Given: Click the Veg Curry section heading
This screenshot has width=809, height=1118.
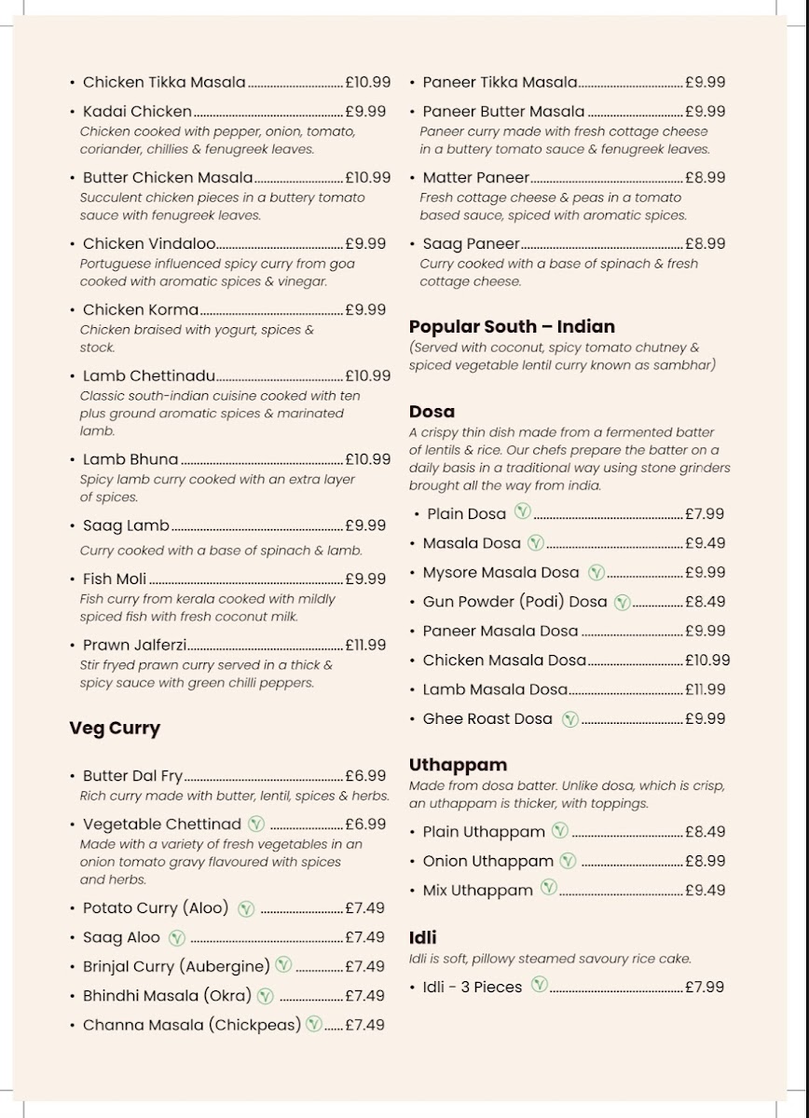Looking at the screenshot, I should [x=115, y=729].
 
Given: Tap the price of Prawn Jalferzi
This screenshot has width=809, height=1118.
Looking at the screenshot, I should [x=365, y=645].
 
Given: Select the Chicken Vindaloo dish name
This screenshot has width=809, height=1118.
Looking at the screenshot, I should [x=149, y=244].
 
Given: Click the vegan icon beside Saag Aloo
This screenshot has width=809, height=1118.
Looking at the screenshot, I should [x=177, y=938].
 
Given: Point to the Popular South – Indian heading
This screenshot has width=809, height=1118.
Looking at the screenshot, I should [x=512, y=327].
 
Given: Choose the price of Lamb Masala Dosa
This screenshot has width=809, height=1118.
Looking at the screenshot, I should [x=706, y=689].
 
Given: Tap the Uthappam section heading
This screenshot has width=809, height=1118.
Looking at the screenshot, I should [x=458, y=765].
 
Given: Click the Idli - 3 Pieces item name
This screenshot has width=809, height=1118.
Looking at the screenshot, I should [x=473, y=987].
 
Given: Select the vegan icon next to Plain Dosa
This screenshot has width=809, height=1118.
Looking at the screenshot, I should [x=523, y=511].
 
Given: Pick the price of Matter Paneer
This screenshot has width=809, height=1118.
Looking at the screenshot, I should [x=706, y=177].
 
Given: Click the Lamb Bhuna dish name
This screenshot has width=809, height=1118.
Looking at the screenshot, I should [x=130, y=459].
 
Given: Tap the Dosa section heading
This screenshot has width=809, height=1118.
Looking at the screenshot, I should [x=432, y=412].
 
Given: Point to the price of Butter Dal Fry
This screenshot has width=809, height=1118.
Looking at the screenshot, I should [x=365, y=775].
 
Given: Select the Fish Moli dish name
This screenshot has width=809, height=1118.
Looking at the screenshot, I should [x=115, y=579].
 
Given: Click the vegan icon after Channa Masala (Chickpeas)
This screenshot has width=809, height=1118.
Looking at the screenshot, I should [x=314, y=1024].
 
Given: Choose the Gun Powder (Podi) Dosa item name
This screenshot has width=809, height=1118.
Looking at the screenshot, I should [x=514, y=602].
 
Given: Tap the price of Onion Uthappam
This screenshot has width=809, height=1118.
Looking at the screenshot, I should [x=706, y=861].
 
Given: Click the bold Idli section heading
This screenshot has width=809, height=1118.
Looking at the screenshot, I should [x=422, y=937].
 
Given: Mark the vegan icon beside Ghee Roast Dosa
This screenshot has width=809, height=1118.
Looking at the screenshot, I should [x=570, y=718].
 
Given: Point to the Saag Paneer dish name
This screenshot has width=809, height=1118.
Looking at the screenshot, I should [x=471, y=244].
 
